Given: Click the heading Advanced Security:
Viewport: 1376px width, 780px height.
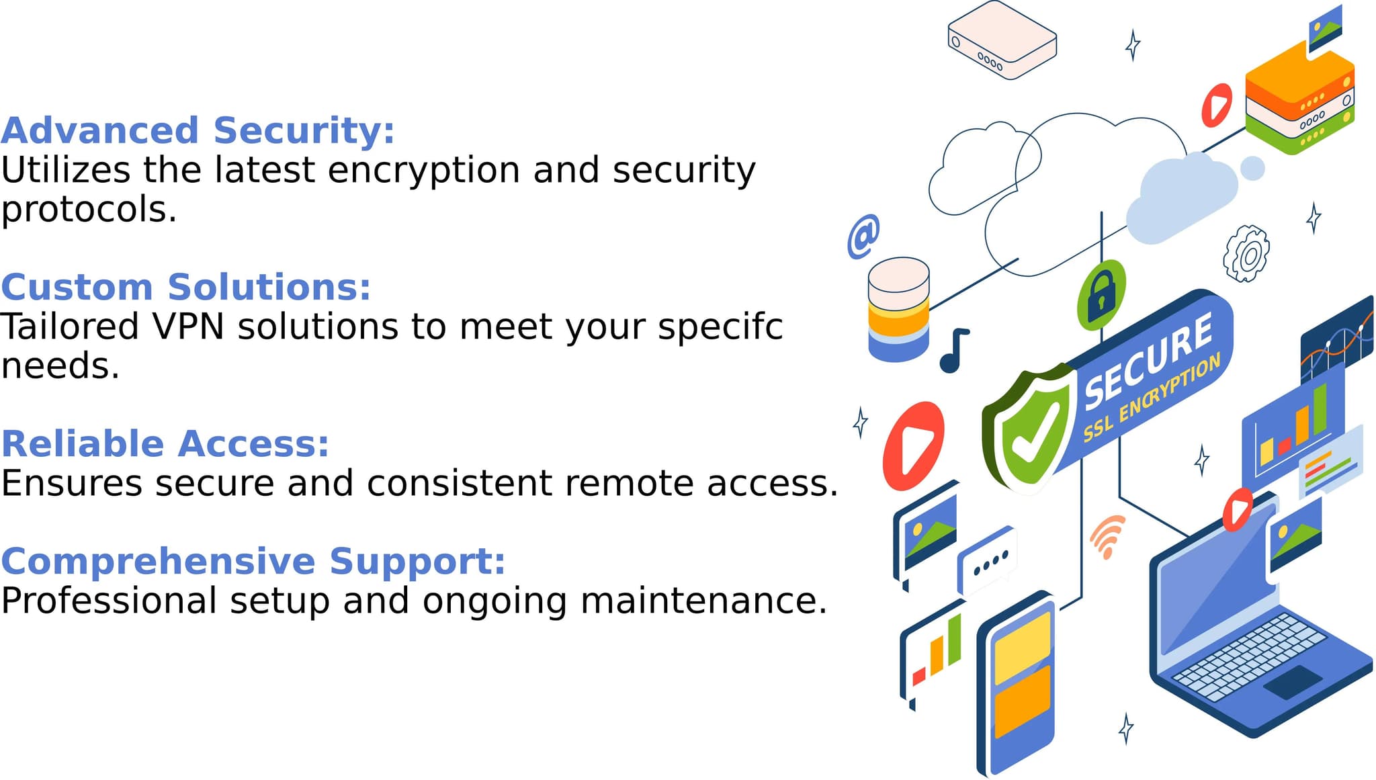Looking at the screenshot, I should pos(198,130).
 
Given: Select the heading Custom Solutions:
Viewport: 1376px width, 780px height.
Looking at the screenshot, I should pos(185,288).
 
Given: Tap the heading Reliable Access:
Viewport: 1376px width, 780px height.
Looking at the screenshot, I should pos(165,444).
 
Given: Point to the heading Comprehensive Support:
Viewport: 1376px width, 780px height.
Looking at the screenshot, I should pos(253,561).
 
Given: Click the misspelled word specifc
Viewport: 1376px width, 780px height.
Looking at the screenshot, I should pos(720,327).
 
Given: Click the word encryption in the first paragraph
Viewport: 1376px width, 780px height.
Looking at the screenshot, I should pos(424,170).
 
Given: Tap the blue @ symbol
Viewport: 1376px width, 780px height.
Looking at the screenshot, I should pos(863,236).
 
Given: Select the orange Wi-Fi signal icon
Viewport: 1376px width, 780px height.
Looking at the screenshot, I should pos(1107,535).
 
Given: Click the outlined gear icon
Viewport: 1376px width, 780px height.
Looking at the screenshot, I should pos(1247,254).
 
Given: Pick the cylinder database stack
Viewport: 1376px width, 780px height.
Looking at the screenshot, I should pos(898,309).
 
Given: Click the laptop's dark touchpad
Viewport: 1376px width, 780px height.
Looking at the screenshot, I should pos(1293,682).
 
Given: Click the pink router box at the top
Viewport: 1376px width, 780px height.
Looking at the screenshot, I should pos(1002,40).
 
